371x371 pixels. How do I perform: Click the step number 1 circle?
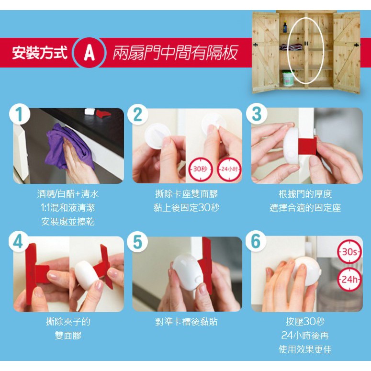pyautogui.click(x=20, y=114)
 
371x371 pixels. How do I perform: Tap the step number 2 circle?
pyautogui.click(x=138, y=114)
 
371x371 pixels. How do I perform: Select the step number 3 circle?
pyautogui.click(x=257, y=114)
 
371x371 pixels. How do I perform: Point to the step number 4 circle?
pyautogui.click(x=19, y=242)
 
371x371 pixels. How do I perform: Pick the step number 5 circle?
pyautogui.click(x=137, y=242)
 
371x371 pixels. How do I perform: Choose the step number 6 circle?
pyautogui.click(x=256, y=242)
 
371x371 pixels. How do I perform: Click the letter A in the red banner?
pyautogui.click(x=89, y=53)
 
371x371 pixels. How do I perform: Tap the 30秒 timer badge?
pyautogui.click(x=201, y=169)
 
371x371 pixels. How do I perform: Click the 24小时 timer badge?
pyautogui.click(x=229, y=169)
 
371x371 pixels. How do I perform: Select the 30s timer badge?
pyautogui.click(x=349, y=252)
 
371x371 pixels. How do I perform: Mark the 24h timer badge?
pyautogui.click(x=349, y=280)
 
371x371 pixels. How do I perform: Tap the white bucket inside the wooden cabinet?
pyautogui.click(x=288, y=79)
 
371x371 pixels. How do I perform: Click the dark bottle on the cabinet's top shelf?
pyautogui.click(x=285, y=27)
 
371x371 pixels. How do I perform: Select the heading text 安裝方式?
pyautogui.click(x=40, y=53)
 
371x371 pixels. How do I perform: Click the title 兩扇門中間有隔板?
pyautogui.click(x=175, y=53)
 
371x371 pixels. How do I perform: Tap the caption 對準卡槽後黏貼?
pyautogui.click(x=186, y=322)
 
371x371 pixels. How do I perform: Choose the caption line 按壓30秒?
pyautogui.click(x=305, y=321)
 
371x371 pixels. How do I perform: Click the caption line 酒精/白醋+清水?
pyautogui.click(x=68, y=194)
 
